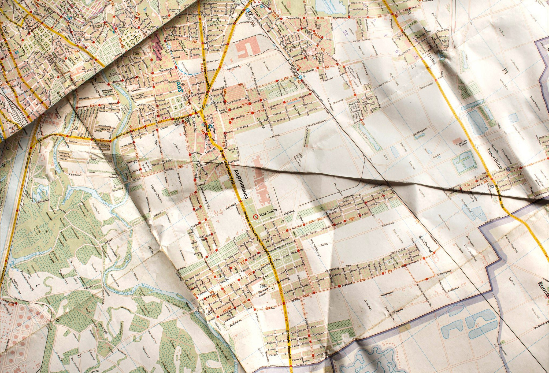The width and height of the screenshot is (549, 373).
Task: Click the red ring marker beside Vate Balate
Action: (x=255, y=216)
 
